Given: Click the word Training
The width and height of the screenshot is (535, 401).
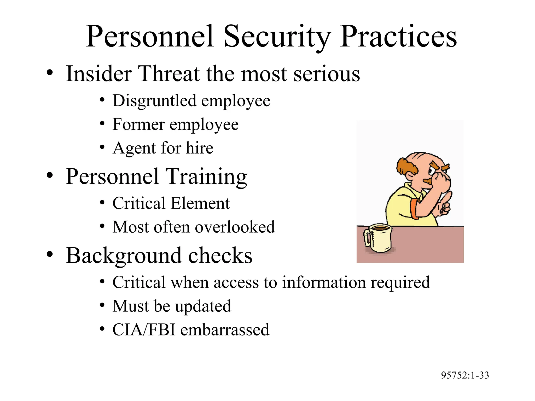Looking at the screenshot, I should [x=206, y=177].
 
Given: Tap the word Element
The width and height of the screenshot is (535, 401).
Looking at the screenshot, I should [x=200, y=203].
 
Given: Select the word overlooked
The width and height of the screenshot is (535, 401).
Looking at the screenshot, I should [x=235, y=227].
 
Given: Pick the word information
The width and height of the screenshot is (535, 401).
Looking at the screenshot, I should [x=324, y=282].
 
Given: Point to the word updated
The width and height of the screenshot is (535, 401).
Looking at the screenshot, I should [x=203, y=306].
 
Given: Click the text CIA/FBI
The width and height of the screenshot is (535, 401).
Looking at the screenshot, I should [x=144, y=330].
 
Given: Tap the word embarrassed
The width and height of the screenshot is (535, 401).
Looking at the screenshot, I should [x=225, y=330].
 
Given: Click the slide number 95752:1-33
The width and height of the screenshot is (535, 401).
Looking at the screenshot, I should [x=465, y=375].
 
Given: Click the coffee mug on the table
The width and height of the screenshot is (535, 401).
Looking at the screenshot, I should [x=379, y=238].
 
